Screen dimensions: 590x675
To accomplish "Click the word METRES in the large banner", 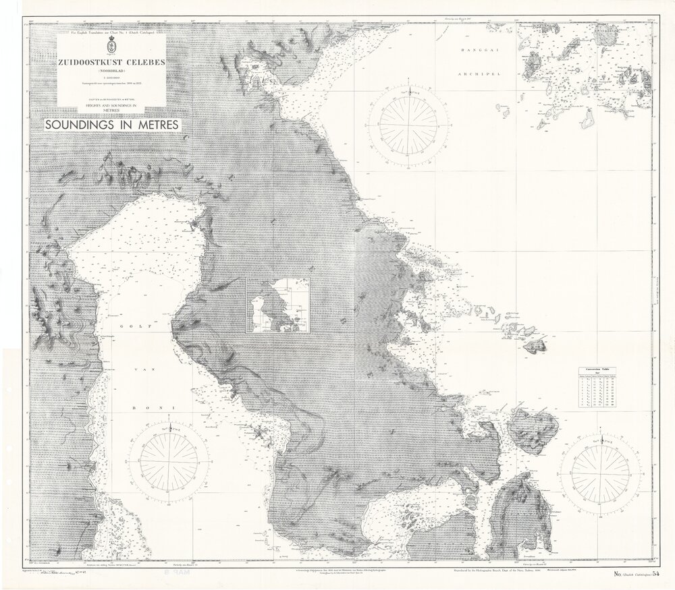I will [x=151, y=125].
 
